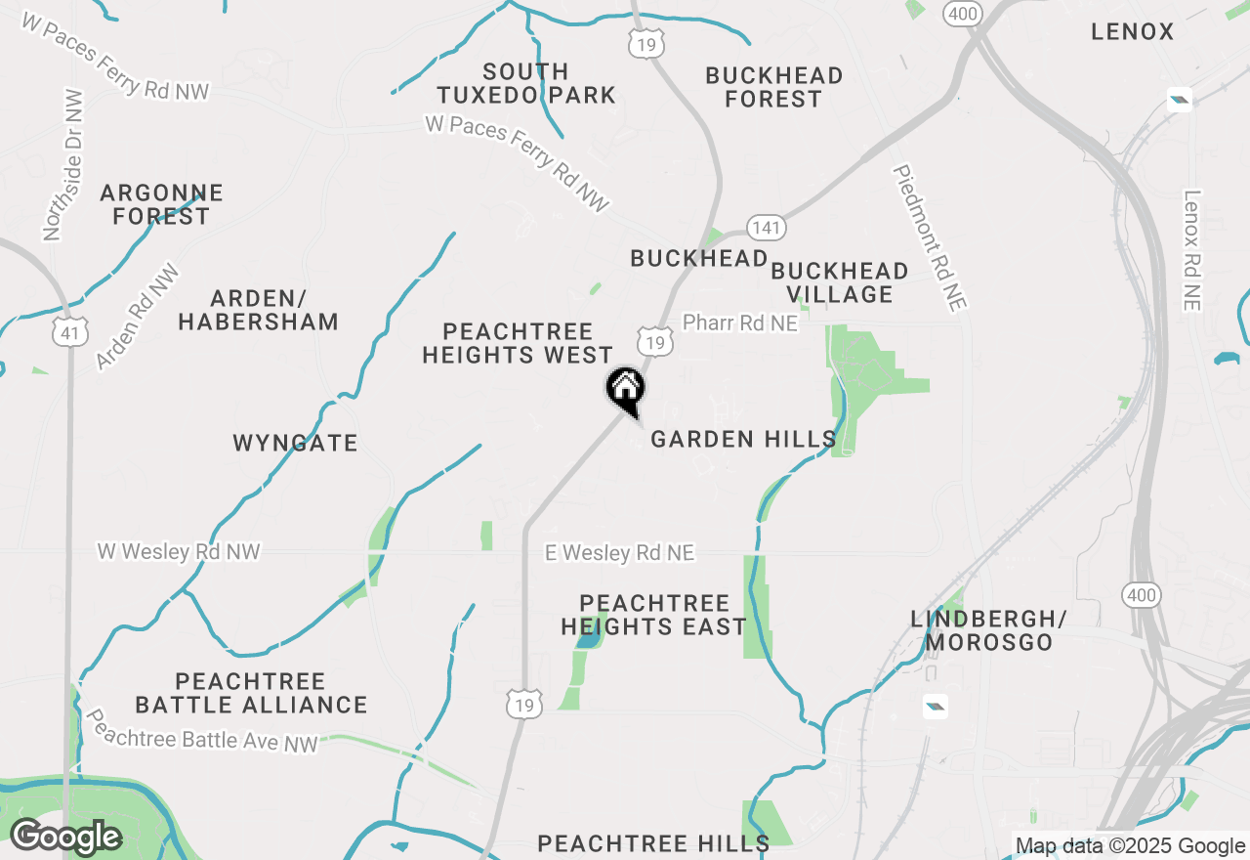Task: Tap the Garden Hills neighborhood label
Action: point(743,440)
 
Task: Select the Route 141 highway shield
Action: point(767,228)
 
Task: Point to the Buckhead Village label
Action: point(840,282)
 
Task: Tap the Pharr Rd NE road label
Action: point(740,322)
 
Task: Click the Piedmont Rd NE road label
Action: point(930,237)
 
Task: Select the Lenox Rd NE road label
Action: point(1190,250)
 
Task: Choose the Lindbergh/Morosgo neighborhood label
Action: point(988,630)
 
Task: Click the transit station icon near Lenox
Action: point(1180,100)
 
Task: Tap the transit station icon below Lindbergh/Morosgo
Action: point(935,706)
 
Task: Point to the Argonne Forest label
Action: point(161,204)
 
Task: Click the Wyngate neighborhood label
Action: point(295,443)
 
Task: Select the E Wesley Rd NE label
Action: point(620,553)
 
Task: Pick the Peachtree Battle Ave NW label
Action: point(203,731)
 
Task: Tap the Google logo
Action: point(65,838)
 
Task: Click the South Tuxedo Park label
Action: point(526,83)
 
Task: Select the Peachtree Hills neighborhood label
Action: point(653,842)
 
